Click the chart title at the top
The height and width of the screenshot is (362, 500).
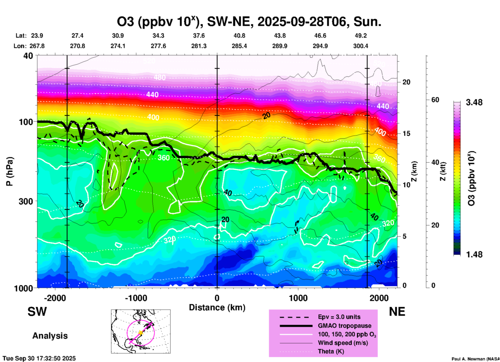(x=249, y=22)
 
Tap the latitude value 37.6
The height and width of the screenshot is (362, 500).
(x=199, y=36)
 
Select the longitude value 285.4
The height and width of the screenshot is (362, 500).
(x=239, y=46)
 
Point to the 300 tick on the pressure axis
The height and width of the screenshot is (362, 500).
(x=26, y=201)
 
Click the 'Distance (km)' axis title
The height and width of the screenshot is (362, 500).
(x=217, y=307)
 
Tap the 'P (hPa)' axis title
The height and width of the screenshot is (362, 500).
(x=10, y=171)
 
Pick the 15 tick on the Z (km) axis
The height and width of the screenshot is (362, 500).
(x=406, y=133)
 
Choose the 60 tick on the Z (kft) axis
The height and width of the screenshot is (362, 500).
(x=435, y=100)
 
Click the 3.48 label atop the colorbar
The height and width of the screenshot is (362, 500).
(x=474, y=103)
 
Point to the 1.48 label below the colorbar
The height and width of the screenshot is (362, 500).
(x=474, y=254)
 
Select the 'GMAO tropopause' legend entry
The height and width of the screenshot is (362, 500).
(x=344, y=326)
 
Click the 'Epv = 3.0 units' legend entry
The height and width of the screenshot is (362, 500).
(x=339, y=317)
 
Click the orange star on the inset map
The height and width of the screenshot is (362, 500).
(x=140, y=333)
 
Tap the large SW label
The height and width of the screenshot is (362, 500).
(x=37, y=312)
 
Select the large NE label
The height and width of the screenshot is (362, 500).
(x=397, y=312)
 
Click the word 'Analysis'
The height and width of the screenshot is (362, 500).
(x=50, y=336)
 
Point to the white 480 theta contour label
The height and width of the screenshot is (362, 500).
(x=159, y=77)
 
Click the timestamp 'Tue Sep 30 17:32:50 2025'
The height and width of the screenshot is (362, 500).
(x=39, y=358)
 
